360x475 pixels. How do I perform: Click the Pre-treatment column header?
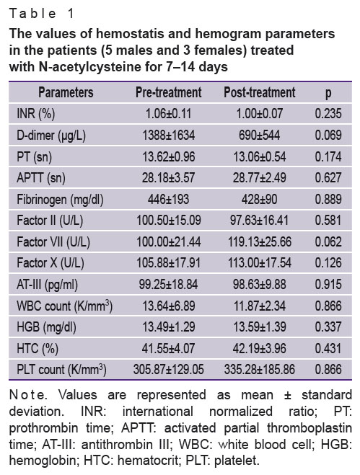pos(169,92)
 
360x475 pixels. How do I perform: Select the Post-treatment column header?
pos(260,92)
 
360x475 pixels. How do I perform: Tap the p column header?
pos(328,93)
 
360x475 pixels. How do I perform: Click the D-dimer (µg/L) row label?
pos(51,136)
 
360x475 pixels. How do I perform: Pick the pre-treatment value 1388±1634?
pos(169,135)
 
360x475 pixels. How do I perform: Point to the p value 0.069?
pos(328,135)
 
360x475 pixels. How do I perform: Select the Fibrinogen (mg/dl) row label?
pos(60,200)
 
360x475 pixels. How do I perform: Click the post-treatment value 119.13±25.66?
pos(260,241)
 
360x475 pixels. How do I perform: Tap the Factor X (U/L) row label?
pos(51,263)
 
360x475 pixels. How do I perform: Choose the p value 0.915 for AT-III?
pos(328,285)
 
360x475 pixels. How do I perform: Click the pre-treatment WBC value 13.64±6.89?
pos(169,306)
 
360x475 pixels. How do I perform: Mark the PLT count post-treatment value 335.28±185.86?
pos(260,370)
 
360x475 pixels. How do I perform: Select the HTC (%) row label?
pos(38,349)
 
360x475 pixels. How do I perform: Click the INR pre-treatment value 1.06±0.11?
pos(169,114)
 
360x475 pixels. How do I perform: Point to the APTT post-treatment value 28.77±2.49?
pos(260,178)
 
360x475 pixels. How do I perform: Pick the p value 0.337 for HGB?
pos(328,327)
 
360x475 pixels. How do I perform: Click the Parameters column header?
pos(66,92)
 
